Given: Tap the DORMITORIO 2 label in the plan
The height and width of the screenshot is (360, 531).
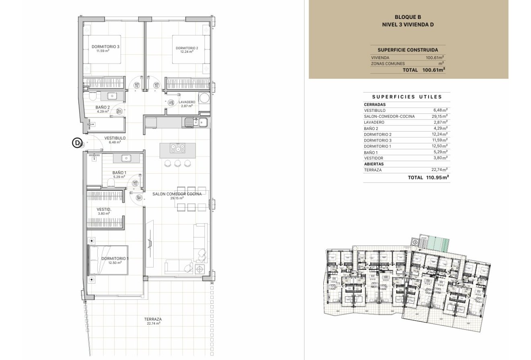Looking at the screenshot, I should [x=187, y=48].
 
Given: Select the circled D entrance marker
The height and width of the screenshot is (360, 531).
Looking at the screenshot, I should [x=76, y=143].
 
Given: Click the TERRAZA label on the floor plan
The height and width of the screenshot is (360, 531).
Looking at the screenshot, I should [x=153, y=319].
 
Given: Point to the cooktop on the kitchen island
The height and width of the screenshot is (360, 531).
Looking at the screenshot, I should [x=177, y=148].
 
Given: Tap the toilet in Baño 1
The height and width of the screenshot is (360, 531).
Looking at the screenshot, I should [x=112, y=183].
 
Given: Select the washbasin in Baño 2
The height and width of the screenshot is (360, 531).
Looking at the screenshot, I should [x=111, y=96].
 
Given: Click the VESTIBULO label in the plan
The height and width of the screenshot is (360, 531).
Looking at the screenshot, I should [x=115, y=138].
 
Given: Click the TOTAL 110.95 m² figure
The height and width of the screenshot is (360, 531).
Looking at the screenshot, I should [x=437, y=177].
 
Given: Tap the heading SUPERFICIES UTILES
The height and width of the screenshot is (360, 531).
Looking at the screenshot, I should [x=407, y=97].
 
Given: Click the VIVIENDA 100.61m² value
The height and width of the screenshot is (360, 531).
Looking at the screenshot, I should [x=435, y=58].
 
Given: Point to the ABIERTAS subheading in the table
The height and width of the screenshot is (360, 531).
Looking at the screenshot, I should [x=374, y=164].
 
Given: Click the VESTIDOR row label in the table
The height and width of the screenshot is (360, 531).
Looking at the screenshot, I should [x=373, y=158].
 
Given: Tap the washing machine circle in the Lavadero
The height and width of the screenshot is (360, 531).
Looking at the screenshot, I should [x=205, y=98].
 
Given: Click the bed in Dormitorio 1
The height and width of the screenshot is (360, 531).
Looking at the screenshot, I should [x=108, y=260].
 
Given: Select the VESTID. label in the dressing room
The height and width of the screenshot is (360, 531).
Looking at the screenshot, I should [x=104, y=210].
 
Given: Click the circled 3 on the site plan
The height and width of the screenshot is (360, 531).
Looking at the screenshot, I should [x=415, y=242].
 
